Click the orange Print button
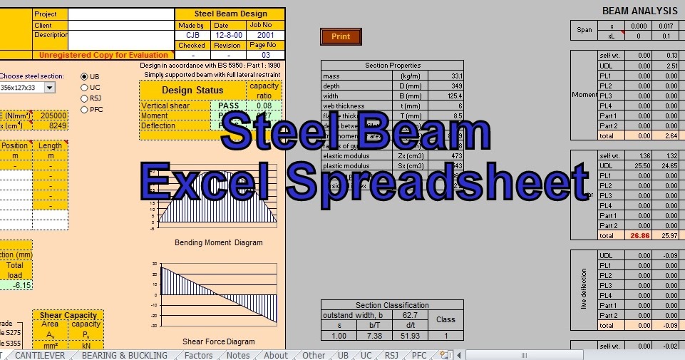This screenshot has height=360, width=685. click(x=341, y=36)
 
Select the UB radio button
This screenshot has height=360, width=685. click(x=85, y=76)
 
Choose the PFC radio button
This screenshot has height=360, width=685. click(x=85, y=110)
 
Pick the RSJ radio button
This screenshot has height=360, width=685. click(x=85, y=98)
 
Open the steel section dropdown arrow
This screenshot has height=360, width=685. click(x=49, y=88)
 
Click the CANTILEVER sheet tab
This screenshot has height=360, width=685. click(x=40, y=355)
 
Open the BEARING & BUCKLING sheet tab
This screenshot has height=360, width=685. click(x=124, y=355)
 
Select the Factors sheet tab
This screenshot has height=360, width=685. click(x=198, y=355)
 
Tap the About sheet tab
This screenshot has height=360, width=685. click(x=276, y=355)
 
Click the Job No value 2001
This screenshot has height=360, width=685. click(x=265, y=34)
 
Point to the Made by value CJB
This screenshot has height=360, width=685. click(x=192, y=34)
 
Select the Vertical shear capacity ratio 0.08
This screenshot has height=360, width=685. click(x=264, y=106)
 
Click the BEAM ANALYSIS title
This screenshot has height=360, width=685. click(x=639, y=11)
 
